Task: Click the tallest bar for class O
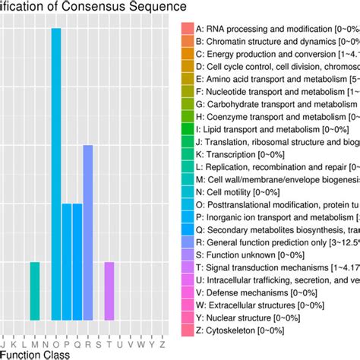point(55,175)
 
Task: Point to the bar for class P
point(67,262)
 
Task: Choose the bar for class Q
point(77,262)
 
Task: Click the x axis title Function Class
point(33,354)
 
